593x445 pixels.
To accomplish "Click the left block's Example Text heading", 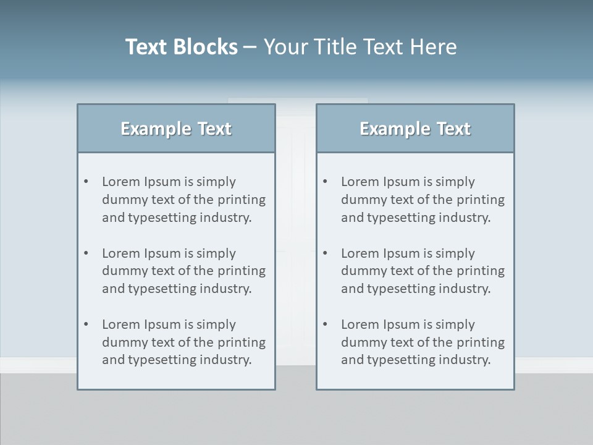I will pyautogui.click(x=176, y=129).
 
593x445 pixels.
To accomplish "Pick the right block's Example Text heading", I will pyautogui.click(x=415, y=129).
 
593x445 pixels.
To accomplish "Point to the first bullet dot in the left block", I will pyautogui.click(x=86, y=182).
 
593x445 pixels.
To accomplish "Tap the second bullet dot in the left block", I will pyautogui.click(x=86, y=253).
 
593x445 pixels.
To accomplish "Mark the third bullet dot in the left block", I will pyautogui.click(x=86, y=324).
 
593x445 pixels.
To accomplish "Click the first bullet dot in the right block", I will pyautogui.click(x=326, y=182).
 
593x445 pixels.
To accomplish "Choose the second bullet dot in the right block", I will pyautogui.click(x=326, y=253).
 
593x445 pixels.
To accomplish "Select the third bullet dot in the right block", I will pyautogui.click(x=326, y=324).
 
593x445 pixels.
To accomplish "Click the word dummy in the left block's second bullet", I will pyautogui.click(x=122, y=271).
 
